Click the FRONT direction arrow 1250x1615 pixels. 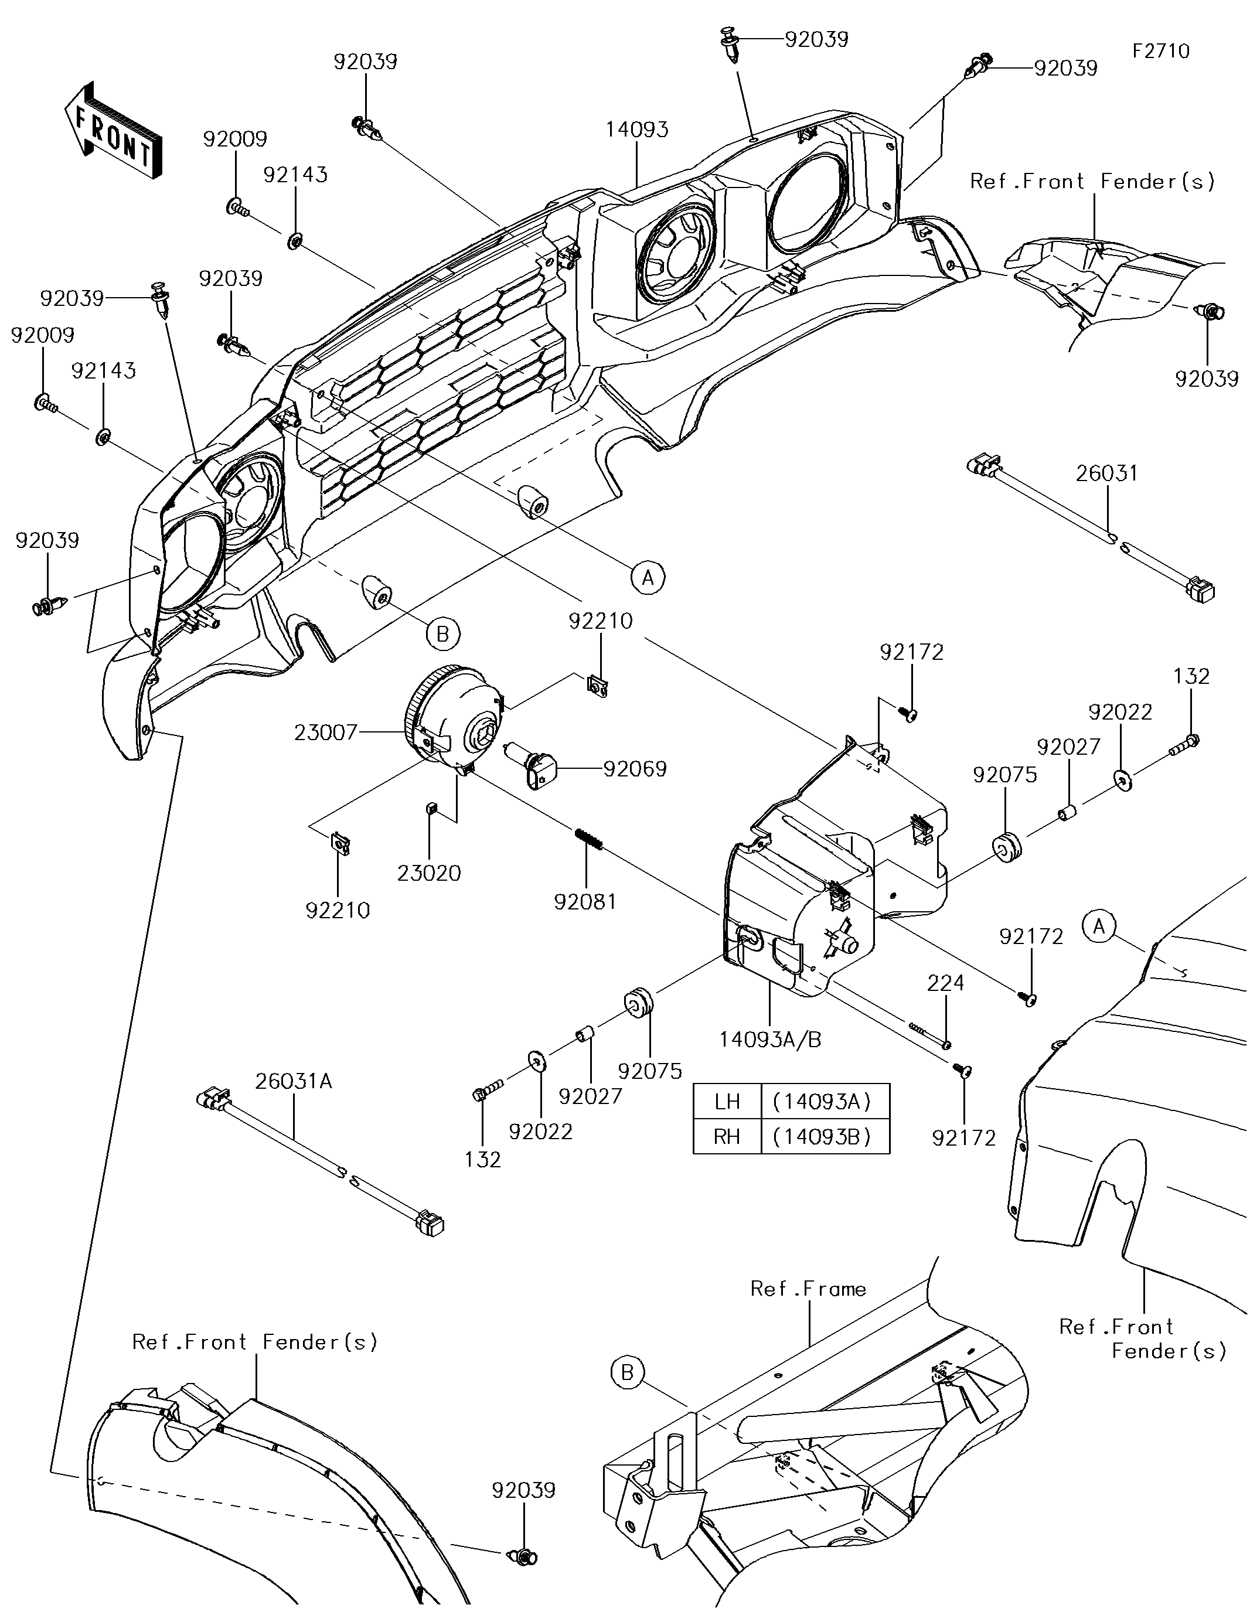(113, 130)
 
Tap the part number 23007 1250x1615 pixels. (325, 733)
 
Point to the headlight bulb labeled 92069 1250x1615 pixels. (538, 768)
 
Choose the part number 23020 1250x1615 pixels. (429, 873)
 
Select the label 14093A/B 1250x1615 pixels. (770, 1040)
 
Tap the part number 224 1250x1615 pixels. (946, 983)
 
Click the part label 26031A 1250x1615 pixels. (294, 1082)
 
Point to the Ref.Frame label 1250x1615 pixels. (808, 1289)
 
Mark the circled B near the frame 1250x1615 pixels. (627, 1373)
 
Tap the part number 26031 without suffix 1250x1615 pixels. (1106, 473)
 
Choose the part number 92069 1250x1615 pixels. (635, 769)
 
